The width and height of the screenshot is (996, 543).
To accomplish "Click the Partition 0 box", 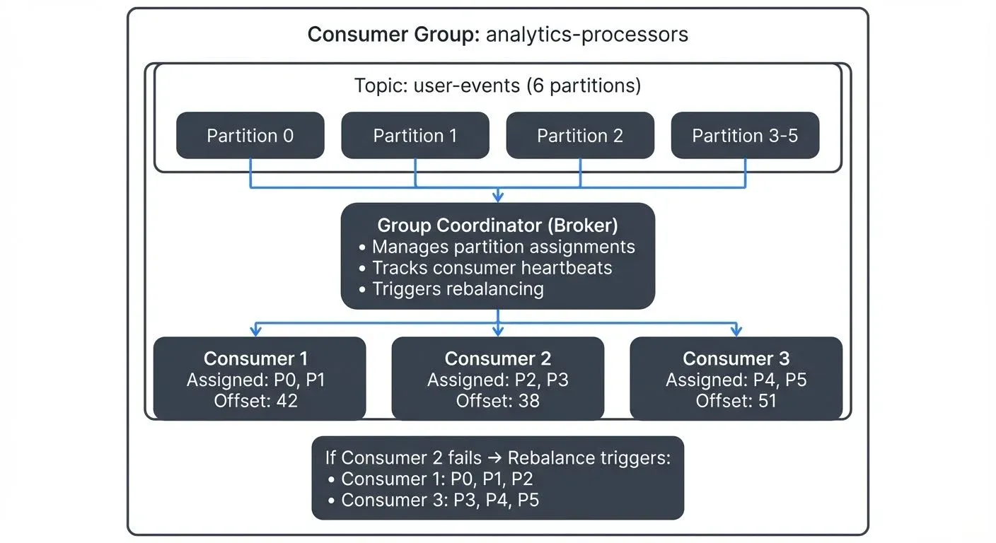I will click(250, 136).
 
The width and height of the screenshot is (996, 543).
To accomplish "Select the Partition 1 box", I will click(415, 136).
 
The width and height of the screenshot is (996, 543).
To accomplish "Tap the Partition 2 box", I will click(580, 136).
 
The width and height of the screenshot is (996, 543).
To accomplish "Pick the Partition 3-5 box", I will click(745, 136).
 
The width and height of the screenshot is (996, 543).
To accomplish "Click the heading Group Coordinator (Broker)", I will click(497, 226).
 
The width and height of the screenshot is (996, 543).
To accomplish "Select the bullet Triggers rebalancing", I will click(458, 289).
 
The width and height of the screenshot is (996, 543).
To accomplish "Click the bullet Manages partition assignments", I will click(503, 247).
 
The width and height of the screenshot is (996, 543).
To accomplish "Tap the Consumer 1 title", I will click(255, 358).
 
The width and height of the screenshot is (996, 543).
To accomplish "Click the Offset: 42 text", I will click(255, 401).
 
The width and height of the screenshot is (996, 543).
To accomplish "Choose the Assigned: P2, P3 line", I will click(497, 380).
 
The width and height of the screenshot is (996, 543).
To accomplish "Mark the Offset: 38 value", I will click(497, 401).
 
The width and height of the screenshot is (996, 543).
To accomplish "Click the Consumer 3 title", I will click(736, 358).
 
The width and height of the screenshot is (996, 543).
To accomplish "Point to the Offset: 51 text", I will click(736, 401).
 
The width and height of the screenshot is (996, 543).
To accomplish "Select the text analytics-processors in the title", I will click(587, 34).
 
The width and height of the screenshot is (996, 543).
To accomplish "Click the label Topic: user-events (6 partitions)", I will click(497, 86).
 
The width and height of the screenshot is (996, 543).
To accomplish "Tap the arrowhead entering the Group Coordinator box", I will click(498, 197).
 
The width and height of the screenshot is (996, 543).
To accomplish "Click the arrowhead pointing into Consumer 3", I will click(736, 332).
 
